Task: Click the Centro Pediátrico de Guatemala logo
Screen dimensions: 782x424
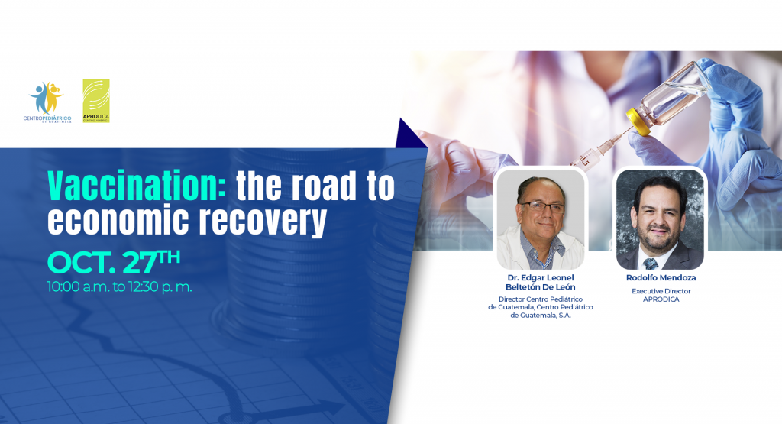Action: click(47, 102)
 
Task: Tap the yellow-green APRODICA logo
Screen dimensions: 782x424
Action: click(96, 101)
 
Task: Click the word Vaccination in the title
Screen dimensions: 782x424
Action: click(137, 186)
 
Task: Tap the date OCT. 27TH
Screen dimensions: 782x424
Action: click(114, 261)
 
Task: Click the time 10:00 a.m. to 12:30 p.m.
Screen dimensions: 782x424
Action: click(120, 286)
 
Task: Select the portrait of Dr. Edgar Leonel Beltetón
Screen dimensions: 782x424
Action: click(541, 219)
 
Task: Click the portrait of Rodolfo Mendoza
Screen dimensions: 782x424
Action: click(660, 219)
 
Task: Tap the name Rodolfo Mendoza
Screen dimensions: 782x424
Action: click(661, 278)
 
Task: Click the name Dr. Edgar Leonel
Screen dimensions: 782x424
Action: click(541, 278)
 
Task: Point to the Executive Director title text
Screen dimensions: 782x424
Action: click(661, 291)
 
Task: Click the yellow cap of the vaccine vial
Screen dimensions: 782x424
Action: click(638, 121)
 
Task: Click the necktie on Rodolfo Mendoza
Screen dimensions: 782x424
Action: click(651, 264)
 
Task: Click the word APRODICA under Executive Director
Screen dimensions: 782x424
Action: click(661, 299)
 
